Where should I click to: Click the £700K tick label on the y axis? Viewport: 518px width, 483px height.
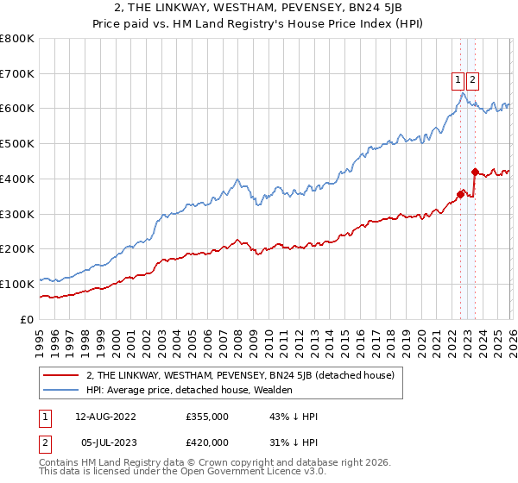click(x=17, y=74)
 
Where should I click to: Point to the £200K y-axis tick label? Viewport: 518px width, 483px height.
click(x=17, y=248)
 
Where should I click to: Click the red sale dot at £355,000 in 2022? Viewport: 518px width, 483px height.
click(x=460, y=194)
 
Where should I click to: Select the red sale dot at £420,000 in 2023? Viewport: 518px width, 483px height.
click(x=475, y=172)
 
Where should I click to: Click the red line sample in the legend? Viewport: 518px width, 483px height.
click(x=61, y=375)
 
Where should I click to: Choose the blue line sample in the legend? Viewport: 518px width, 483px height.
click(x=61, y=390)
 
